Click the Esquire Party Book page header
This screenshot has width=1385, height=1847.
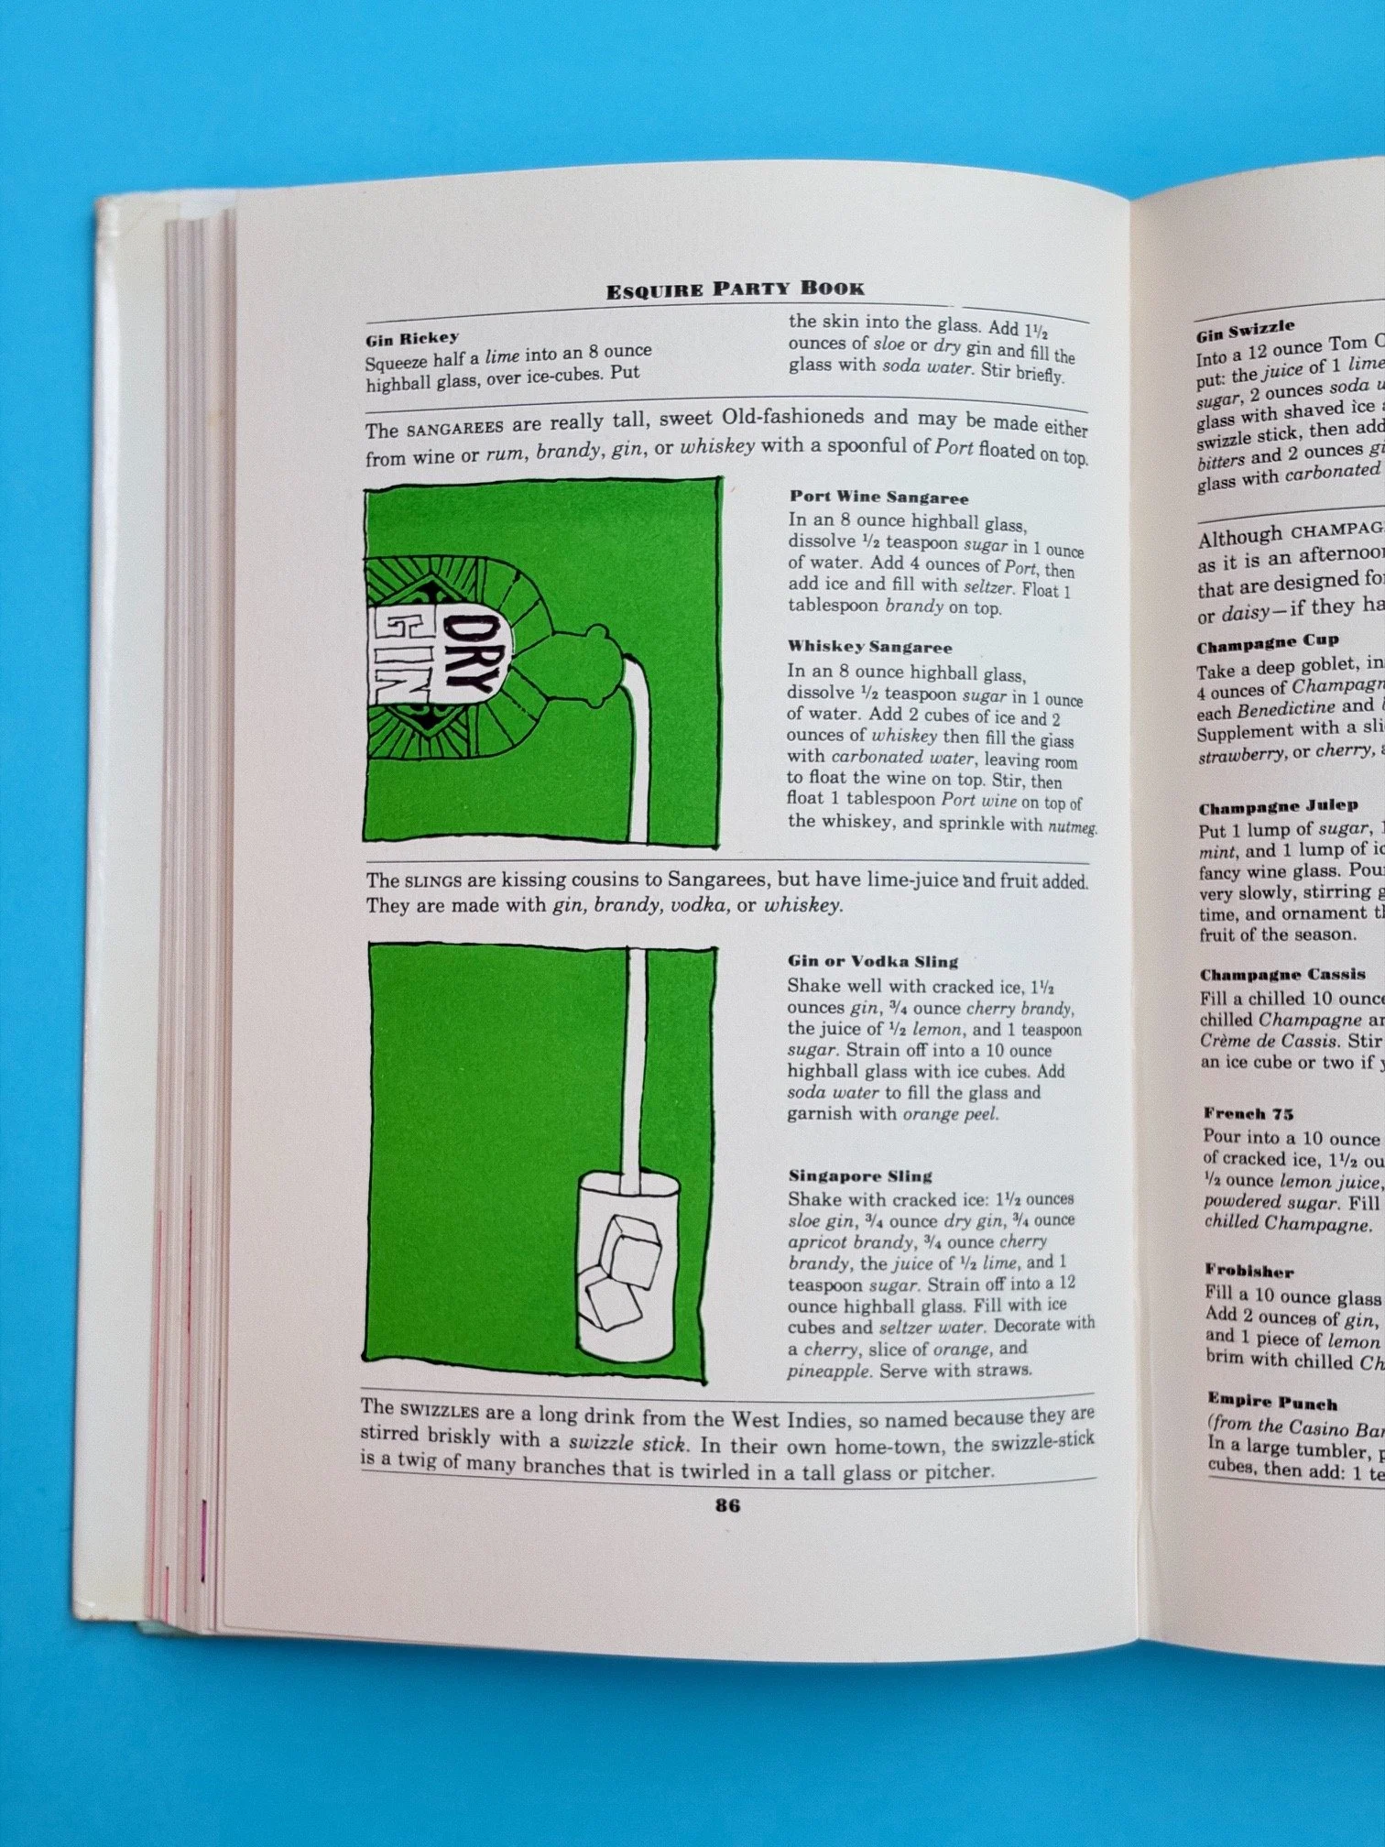click(x=735, y=290)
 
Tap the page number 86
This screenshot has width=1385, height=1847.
click(x=727, y=1505)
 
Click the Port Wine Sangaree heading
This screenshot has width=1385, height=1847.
click(x=878, y=498)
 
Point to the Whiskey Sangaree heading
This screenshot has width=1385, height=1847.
click(x=869, y=648)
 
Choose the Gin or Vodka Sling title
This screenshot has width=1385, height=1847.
click(x=872, y=961)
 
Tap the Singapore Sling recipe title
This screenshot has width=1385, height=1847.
click(x=859, y=1176)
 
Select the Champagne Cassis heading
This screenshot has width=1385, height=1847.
click(x=1281, y=975)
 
